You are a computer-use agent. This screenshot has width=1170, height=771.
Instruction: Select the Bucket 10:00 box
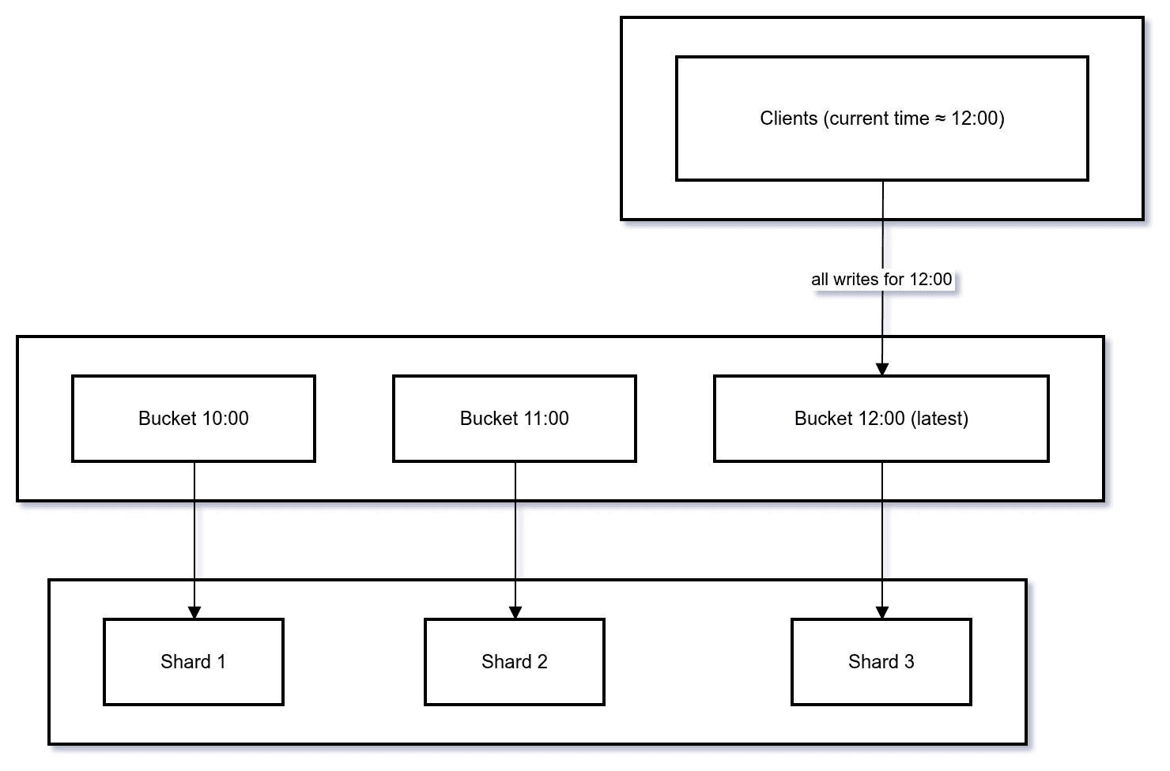click(194, 438)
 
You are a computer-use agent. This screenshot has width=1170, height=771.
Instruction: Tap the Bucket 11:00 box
click(515, 438)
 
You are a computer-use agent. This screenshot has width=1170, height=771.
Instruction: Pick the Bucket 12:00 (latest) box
click(881, 438)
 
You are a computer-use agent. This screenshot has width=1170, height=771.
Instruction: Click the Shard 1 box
click(194, 683)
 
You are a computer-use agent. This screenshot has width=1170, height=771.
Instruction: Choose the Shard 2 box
click(515, 683)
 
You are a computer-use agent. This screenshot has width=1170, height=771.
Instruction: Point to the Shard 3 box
click(881, 683)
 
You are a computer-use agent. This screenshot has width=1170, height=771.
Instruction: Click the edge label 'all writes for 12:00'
click(881, 279)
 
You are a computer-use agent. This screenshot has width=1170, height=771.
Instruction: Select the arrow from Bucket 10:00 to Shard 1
click(194, 537)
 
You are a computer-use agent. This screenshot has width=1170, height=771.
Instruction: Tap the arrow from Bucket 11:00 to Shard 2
click(515, 537)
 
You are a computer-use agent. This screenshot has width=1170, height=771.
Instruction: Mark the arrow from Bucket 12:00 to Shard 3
click(882, 537)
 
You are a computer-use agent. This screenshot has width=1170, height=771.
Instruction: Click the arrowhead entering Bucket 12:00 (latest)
click(882, 369)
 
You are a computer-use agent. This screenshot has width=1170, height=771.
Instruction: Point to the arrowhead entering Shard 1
click(194, 612)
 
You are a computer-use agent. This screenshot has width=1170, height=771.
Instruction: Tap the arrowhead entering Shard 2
click(515, 612)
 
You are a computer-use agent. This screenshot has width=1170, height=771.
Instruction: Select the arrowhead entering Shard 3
click(882, 612)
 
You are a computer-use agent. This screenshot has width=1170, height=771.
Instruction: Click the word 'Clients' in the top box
click(788, 118)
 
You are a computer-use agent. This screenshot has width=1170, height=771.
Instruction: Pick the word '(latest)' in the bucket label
click(939, 419)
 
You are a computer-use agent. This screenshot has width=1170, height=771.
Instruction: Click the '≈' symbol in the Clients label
click(940, 118)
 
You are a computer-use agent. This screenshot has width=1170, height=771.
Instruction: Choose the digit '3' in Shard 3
click(909, 662)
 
